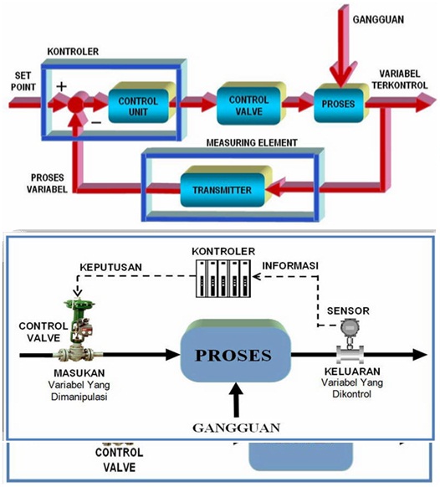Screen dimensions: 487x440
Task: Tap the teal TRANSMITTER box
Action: (x=223, y=188)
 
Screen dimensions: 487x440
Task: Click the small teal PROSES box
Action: (x=339, y=105)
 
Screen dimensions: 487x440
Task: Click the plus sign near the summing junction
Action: (x=60, y=85)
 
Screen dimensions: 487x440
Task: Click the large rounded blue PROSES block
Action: (x=238, y=351)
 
